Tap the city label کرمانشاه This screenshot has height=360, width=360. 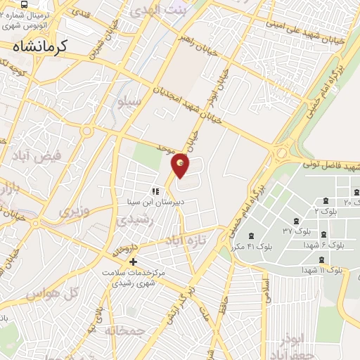[x=50, y=46]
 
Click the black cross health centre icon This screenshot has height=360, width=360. [x=133, y=262]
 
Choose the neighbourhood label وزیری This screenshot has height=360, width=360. [x=75, y=210]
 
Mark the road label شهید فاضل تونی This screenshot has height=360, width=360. [x=330, y=164]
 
